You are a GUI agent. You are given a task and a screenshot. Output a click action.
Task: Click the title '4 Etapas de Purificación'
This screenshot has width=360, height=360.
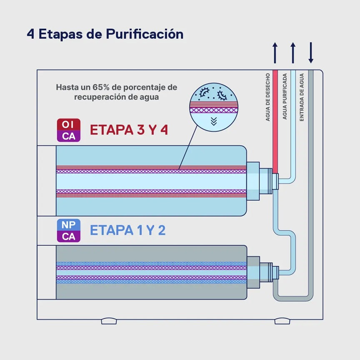pyautogui.click(x=105, y=34)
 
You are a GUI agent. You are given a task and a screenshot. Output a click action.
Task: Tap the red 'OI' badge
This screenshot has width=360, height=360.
pyautogui.click(x=69, y=125)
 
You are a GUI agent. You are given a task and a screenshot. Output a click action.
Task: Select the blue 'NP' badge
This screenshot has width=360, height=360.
pyautogui.click(x=69, y=225)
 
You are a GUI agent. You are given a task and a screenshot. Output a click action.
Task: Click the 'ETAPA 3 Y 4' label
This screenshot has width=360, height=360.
pyautogui.click(x=129, y=130)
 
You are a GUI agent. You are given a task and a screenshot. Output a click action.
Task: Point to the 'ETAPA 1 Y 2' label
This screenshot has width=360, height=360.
pyautogui.click(x=127, y=230)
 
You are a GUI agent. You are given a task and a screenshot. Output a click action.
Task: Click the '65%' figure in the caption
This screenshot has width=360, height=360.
pyautogui.click(x=101, y=87)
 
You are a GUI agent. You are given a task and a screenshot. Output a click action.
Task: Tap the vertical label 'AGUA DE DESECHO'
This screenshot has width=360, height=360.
pyautogui.click(x=267, y=97)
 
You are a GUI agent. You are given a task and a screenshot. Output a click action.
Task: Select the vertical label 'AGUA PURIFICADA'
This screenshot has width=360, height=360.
pyautogui.click(x=285, y=96)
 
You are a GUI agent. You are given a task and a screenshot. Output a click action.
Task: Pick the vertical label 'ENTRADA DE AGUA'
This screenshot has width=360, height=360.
pyautogui.click(x=302, y=97)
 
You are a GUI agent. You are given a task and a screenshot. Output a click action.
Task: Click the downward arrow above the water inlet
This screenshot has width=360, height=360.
pyautogui.click(x=311, y=52)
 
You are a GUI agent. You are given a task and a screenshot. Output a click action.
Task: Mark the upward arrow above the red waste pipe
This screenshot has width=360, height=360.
pyautogui.click(x=275, y=52)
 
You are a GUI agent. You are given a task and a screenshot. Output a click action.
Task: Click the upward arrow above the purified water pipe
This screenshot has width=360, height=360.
pyautogui.click(x=293, y=52)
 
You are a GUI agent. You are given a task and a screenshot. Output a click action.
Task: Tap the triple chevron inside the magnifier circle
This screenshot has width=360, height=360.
pyautogui.click(x=214, y=121)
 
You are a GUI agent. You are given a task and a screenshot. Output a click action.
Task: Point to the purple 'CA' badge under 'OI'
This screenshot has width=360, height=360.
pyautogui.click(x=69, y=136)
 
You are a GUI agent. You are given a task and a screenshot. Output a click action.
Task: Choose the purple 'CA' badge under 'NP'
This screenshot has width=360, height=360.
pyautogui.click(x=69, y=237)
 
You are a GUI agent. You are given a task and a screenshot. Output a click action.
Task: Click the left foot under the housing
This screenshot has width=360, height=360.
pyautogui.click(x=109, y=321)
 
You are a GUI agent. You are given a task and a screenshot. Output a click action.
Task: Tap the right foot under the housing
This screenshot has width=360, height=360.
pyautogui.click(x=282, y=321)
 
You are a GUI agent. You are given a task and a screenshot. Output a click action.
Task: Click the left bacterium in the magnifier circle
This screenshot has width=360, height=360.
pyautogui.click(x=204, y=92)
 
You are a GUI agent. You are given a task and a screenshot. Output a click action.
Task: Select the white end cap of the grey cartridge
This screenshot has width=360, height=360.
pyautogui.click(x=47, y=272)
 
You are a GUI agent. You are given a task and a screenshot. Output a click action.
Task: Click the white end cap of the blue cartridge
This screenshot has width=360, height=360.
pyautogui.click(x=47, y=181)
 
